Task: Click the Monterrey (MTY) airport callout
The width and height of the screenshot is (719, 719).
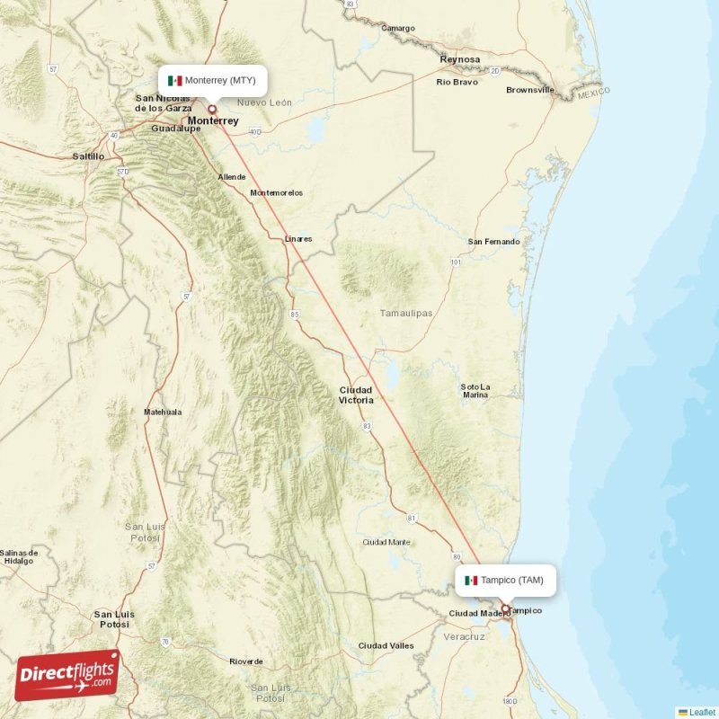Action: [213, 80]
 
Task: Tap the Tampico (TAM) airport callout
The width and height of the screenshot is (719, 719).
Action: [505, 580]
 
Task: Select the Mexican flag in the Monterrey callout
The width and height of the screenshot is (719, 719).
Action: [174, 81]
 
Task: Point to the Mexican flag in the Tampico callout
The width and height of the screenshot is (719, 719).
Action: [471, 580]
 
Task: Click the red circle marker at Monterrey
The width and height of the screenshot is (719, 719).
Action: [212, 109]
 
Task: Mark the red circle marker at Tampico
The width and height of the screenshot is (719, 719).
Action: [505, 608]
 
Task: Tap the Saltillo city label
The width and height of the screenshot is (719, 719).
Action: [88, 156]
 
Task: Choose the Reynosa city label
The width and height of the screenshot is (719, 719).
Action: [460, 59]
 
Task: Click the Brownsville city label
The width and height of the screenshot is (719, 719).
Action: [530, 90]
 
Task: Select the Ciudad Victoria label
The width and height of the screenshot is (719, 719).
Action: [356, 395]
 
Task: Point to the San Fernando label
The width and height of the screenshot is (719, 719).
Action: [494, 242]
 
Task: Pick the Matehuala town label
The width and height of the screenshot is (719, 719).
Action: [163, 412]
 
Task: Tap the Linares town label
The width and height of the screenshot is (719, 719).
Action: [298, 239]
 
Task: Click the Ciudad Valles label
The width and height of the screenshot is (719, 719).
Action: [386, 645]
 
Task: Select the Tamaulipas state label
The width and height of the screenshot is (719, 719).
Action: [405, 313]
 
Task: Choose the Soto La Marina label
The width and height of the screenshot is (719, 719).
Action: [475, 391]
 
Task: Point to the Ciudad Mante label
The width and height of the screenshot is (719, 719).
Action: [386, 542]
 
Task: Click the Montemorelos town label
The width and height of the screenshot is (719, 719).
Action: [277, 192]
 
